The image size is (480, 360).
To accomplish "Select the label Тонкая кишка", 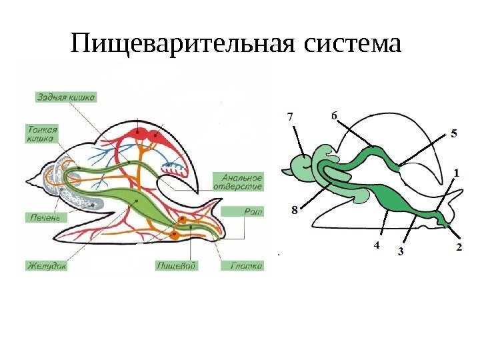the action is click(43, 134).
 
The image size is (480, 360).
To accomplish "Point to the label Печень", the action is click(44, 217).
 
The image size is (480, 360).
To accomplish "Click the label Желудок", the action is click(46, 265).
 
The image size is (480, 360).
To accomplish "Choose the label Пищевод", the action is click(177, 265).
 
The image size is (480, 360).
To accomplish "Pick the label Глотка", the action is click(246, 265).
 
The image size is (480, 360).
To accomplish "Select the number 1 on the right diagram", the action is click(457, 172).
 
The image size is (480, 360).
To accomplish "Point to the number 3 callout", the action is click(401, 251).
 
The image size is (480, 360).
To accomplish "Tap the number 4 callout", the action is click(376, 245).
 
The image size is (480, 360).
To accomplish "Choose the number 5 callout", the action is click(453, 133).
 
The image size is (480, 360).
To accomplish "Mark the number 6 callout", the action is click(334, 116).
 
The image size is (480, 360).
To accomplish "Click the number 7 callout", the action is click(290, 117).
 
